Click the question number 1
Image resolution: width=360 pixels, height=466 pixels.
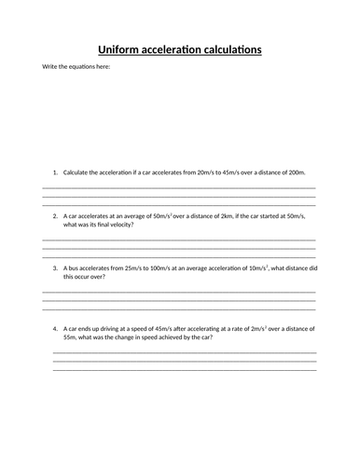point(55,172)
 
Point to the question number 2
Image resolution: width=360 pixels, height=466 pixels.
point(55,216)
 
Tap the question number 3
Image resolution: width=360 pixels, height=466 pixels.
point(55,268)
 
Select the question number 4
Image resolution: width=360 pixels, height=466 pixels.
point(55,328)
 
